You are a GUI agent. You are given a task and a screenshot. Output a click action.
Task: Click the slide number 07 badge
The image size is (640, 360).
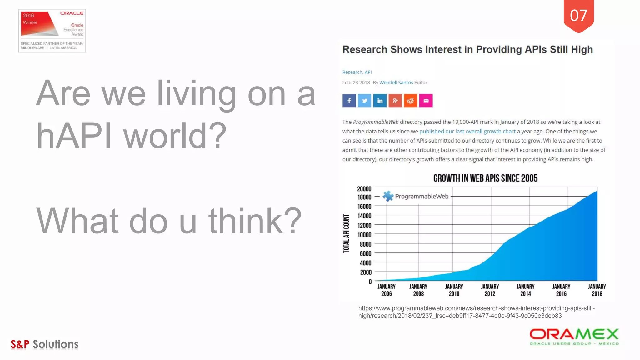click(578, 16)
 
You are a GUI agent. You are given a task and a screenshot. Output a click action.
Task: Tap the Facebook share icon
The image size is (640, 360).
click(349, 101)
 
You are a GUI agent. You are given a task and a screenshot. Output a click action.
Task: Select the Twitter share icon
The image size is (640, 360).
click(364, 101)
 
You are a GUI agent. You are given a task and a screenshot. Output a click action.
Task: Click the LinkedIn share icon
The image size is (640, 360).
click(380, 101)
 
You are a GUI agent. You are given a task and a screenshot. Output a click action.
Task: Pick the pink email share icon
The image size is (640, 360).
click(426, 101)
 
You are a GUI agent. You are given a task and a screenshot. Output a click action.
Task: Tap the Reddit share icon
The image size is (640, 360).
click(410, 101)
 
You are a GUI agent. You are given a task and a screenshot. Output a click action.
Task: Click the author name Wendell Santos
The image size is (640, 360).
click(396, 82)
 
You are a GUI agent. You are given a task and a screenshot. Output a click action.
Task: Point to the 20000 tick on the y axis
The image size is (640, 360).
click(364, 189)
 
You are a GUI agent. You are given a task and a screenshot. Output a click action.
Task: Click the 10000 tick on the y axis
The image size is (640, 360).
click(364, 235)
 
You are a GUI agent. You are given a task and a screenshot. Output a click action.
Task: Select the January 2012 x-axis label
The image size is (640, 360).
click(490, 290)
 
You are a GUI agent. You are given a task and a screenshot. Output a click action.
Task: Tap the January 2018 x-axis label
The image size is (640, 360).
click(597, 290)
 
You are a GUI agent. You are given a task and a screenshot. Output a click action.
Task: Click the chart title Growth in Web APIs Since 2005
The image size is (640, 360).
click(485, 178)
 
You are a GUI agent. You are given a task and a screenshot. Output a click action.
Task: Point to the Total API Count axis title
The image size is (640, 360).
click(346, 233)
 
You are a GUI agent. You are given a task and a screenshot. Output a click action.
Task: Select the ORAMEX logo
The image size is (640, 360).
click(574, 337)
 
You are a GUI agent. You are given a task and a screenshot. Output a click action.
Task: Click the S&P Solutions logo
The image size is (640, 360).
click(44, 344)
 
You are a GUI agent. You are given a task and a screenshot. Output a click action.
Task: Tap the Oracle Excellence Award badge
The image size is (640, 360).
click(52, 30)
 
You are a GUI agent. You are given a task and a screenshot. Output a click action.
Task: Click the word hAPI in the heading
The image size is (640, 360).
click(74, 136)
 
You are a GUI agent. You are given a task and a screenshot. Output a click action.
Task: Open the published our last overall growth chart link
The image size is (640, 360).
click(467, 131)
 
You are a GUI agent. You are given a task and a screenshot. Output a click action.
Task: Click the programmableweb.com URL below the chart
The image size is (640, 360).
click(476, 312)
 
